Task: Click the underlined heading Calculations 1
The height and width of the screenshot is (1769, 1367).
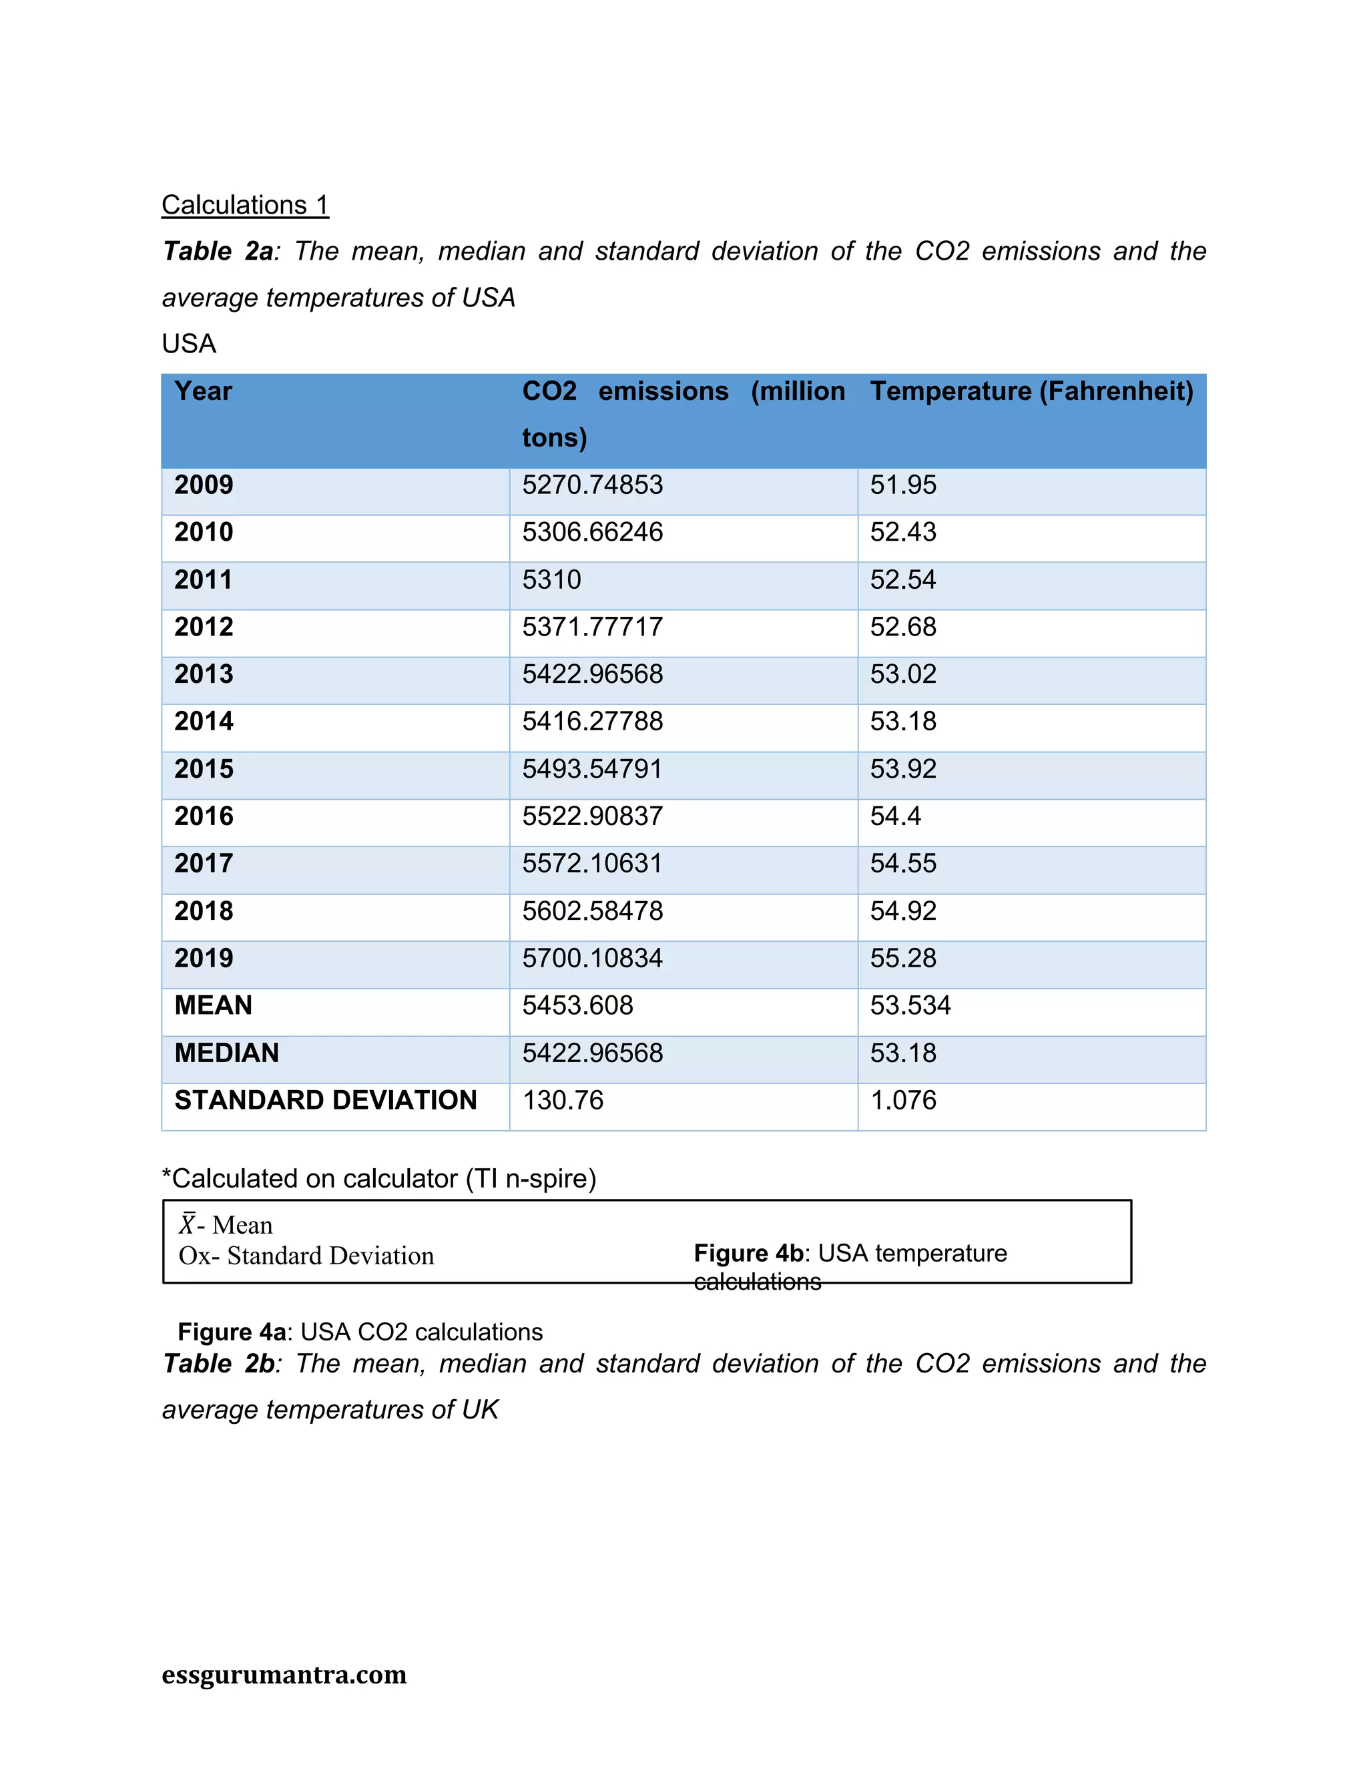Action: coord(244,205)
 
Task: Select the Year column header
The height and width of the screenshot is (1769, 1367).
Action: coord(204,391)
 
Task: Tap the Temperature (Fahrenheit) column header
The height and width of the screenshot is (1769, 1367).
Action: coord(1031,391)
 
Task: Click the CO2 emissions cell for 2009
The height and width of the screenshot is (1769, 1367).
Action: coord(592,485)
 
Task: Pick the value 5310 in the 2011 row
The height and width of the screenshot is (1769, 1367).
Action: coord(551,580)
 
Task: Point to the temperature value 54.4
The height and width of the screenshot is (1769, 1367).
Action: coord(895,816)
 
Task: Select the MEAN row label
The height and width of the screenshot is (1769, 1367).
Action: coord(213,1006)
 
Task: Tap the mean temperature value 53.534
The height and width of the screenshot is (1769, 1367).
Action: coord(910,1006)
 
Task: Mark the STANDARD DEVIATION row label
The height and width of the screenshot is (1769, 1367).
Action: coord(326,1101)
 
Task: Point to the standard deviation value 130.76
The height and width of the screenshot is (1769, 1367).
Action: coord(563,1101)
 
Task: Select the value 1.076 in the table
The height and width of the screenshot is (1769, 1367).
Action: coord(903,1101)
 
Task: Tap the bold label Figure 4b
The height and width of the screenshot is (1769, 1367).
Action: coord(748,1253)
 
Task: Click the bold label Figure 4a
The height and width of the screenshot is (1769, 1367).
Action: coord(232,1332)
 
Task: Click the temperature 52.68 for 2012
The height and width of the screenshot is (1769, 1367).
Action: coord(903,627)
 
